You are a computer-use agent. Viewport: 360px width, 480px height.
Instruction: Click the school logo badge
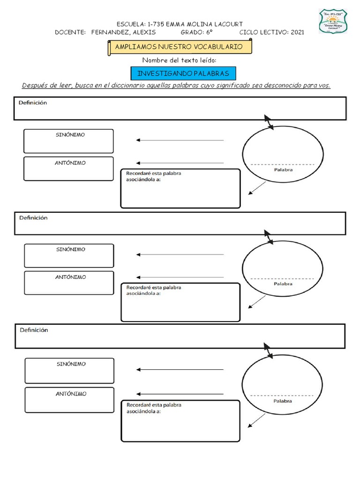click(333, 21)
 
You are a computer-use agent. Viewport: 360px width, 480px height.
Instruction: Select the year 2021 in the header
click(297, 32)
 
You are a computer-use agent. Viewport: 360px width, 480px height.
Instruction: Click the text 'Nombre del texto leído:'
click(180, 60)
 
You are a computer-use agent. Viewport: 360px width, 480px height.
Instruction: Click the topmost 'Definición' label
click(33, 103)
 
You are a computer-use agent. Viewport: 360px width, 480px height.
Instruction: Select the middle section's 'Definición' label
click(33, 218)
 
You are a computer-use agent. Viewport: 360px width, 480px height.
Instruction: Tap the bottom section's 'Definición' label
click(34, 330)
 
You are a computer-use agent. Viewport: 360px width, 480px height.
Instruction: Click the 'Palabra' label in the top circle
click(283, 170)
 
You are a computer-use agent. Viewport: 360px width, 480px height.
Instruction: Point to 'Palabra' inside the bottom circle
click(283, 401)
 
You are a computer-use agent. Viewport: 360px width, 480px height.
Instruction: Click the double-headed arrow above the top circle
click(269, 121)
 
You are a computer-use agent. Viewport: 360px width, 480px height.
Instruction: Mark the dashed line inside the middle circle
click(283, 278)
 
